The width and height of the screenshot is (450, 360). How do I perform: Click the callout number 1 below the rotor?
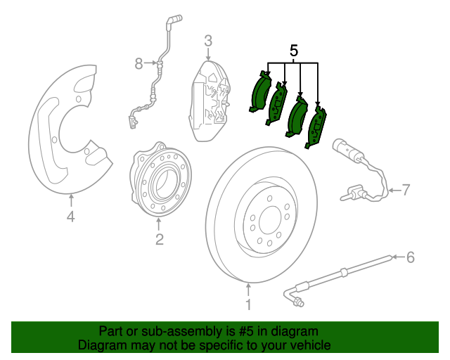(247, 304)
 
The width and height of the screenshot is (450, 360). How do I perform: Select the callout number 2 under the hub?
(160, 240)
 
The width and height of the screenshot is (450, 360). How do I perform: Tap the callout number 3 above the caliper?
(208, 41)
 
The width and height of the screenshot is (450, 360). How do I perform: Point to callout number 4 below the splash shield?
(70, 217)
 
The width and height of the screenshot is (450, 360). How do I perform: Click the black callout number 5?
(294, 51)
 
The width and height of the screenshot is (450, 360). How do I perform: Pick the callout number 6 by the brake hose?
(411, 257)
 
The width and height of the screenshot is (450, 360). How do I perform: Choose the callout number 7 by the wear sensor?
(404, 189)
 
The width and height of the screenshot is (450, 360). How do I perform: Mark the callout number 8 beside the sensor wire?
(139, 65)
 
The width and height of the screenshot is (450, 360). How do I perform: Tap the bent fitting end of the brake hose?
(298, 303)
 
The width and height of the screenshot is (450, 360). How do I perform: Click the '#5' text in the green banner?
(247, 331)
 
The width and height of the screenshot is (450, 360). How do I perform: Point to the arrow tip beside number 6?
(393, 257)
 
